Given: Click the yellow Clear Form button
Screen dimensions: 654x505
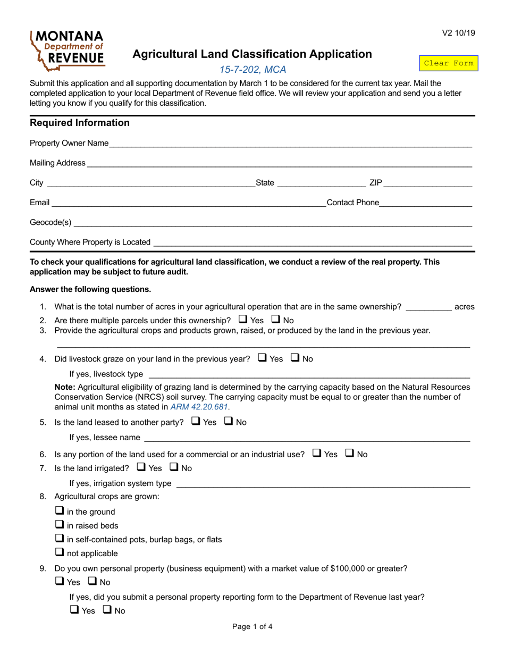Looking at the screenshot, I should [x=448, y=63].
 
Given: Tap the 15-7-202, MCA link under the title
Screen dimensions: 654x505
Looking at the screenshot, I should [x=253, y=70].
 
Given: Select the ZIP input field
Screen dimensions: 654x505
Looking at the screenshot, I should [x=427, y=183].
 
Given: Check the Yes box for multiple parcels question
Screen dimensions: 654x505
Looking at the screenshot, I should [x=243, y=320].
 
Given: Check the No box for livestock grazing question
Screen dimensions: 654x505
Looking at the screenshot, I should [x=296, y=358].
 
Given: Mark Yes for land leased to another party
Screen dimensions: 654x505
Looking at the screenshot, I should [x=196, y=422].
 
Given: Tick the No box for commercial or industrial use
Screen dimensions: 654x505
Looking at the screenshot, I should [x=350, y=454].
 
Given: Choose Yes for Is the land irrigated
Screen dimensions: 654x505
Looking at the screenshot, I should [x=142, y=467].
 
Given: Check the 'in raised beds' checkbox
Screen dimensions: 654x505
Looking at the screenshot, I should [x=60, y=525].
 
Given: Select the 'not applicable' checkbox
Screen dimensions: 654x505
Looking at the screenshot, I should [x=60, y=552].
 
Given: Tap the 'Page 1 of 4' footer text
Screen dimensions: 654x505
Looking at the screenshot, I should [x=252, y=626].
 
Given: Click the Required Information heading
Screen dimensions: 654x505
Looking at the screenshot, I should [x=80, y=123].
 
